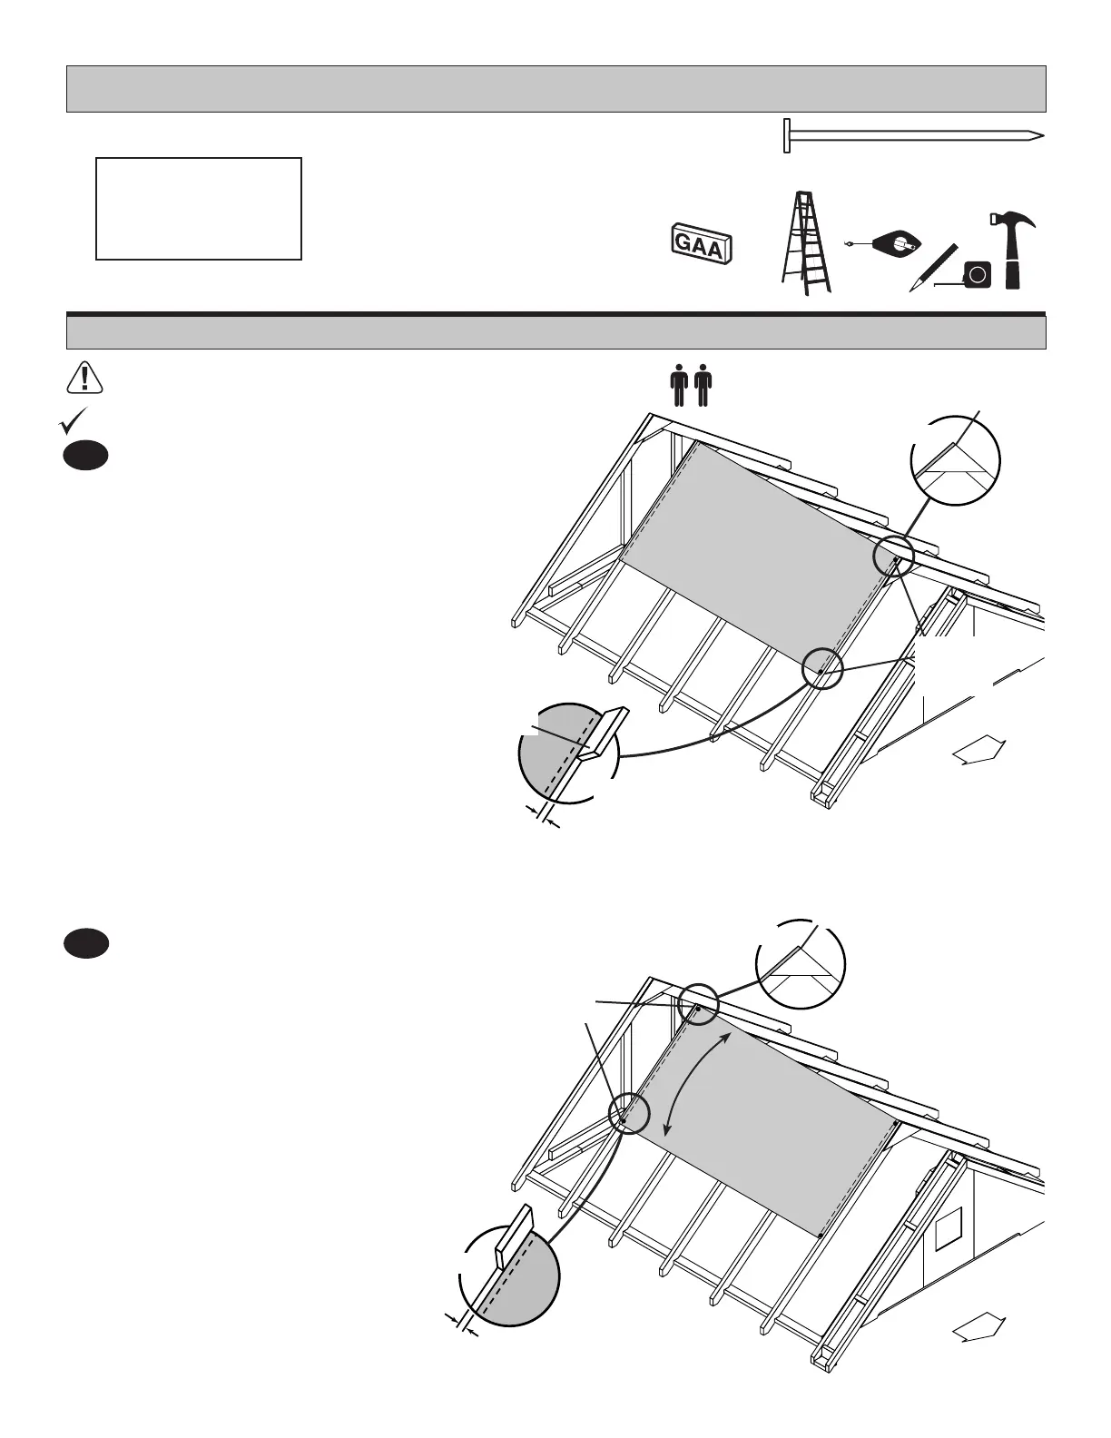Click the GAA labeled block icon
[700, 243]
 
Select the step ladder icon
[805, 243]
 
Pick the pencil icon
[933, 268]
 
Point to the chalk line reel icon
[895, 243]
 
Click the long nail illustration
[912, 136]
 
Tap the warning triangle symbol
[84, 378]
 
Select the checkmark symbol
[74, 420]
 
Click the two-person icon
[691, 385]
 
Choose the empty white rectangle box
[199, 209]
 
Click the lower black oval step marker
[86, 944]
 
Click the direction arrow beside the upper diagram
[978, 752]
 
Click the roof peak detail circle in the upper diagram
[955, 460]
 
